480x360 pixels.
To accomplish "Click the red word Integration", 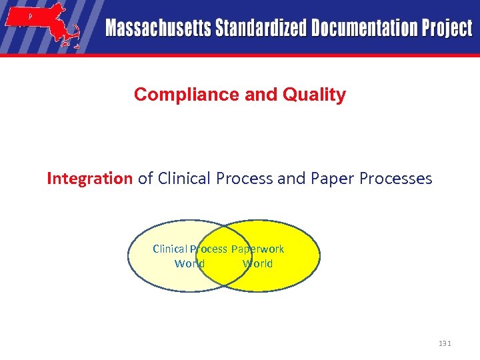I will (89, 179).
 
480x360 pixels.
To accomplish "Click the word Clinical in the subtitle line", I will (183, 179).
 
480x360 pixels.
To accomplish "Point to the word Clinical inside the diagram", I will (170, 249).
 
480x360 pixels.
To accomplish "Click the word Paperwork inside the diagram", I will (257, 249).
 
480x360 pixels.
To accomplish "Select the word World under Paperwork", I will (257, 263).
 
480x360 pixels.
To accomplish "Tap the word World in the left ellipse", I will (189, 263).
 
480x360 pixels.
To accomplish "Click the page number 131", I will (445, 343).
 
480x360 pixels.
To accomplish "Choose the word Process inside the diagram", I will (209, 249).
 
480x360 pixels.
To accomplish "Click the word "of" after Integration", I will (146, 179).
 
